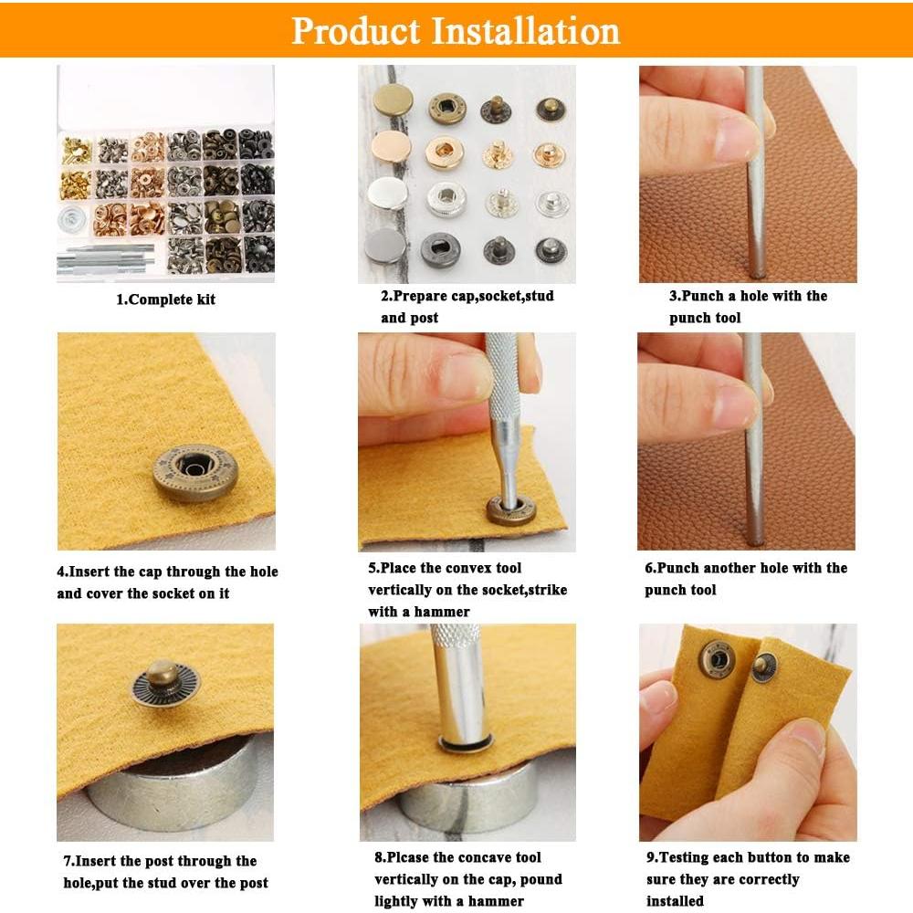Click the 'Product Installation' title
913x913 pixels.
[456, 30]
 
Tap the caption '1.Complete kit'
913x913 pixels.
[165, 299]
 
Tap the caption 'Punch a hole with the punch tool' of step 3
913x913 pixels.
[747, 307]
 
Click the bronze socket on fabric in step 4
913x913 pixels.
[194, 472]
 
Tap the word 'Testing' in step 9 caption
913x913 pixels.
[687, 857]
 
